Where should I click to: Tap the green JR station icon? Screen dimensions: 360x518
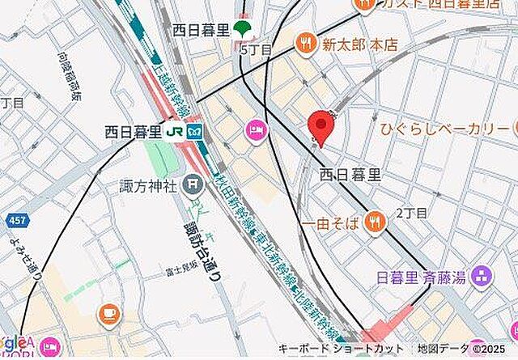[173, 130]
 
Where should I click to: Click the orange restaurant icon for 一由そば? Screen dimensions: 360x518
[374, 220]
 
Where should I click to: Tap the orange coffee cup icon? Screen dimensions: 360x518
[108, 313]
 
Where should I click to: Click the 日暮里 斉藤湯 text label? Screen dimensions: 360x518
[420, 277]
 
